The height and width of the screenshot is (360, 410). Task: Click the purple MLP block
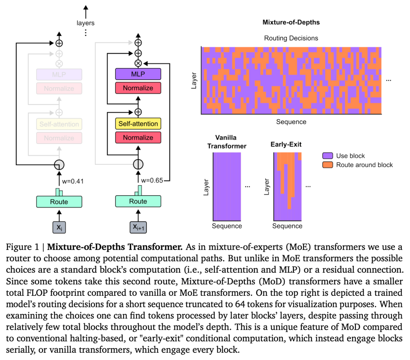coord(138,74)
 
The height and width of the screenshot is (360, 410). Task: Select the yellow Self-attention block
coord(138,124)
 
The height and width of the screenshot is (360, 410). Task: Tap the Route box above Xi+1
coord(138,201)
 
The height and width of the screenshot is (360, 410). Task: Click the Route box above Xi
coord(59,202)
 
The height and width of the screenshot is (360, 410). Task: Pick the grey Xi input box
coord(59,227)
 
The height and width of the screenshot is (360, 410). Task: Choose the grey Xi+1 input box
coord(138,227)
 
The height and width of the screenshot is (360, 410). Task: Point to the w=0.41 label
coord(73,181)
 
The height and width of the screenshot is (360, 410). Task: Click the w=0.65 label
coord(152,180)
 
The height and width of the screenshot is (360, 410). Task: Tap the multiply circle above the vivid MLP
coord(138,63)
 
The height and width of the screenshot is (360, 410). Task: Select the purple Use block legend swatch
coord(328,156)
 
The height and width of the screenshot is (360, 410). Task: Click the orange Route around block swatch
coord(328,165)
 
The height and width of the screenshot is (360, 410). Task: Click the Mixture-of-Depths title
coord(291,22)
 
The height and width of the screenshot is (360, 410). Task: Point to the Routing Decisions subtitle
coord(291,38)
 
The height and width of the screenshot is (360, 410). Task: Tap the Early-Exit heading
coord(286,144)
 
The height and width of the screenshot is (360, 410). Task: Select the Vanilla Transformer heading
coord(227,142)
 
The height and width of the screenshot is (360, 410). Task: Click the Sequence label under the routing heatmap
coord(291,122)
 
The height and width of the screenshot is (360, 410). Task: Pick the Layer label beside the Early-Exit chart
coord(266,187)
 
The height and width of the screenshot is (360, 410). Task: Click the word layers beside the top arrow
coord(85,23)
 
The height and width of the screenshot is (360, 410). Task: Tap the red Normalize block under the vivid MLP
coord(138,88)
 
